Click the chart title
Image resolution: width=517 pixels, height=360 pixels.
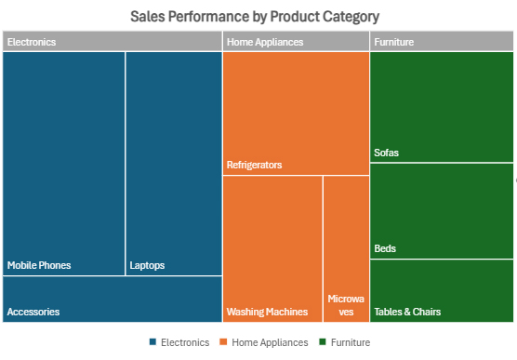tap(255, 18)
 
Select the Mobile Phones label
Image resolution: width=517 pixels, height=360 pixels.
tap(39, 265)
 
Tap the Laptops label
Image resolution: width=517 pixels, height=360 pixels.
tap(147, 265)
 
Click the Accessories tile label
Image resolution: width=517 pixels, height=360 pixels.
tap(33, 312)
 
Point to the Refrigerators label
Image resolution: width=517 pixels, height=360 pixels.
tap(254, 165)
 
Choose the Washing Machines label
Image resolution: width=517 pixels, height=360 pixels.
tap(267, 312)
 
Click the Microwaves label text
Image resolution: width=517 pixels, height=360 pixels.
tap(346, 306)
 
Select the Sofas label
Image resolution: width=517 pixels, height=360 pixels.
tap(386, 153)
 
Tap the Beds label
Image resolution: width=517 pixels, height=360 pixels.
tap(385, 248)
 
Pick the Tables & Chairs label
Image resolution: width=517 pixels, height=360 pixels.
tap(407, 312)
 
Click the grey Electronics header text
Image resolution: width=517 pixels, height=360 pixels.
tap(32, 42)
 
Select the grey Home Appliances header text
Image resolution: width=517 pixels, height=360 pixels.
tap(265, 42)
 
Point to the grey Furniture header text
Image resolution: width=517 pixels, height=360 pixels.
tap(393, 42)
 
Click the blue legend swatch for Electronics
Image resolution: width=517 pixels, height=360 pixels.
tap(152, 342)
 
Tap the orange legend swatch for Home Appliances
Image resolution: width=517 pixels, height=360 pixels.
tap(223, 342)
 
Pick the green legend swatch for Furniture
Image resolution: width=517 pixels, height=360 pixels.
tap(322, 342)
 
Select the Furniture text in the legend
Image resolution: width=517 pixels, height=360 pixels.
tap(351, 342)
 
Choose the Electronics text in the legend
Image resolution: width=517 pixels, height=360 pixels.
tap(184, 342)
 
